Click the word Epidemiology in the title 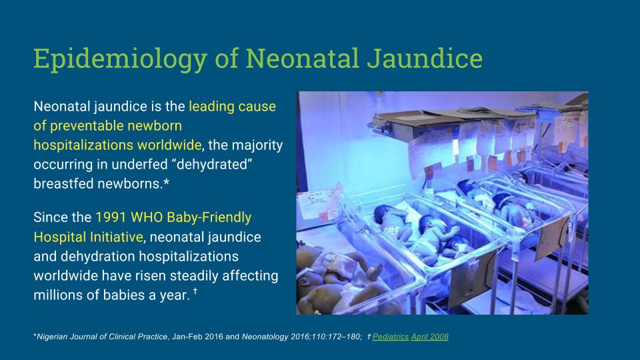[121, 59]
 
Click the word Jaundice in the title [425, 58]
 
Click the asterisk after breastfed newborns [166, 182]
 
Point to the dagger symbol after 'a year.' [195, 291]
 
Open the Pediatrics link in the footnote [390, 337]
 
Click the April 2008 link [430, 337]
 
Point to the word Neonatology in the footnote [265, 337]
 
